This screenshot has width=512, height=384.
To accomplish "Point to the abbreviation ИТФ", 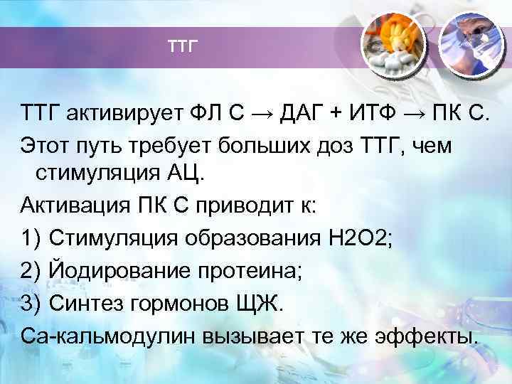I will click(x=372, y=112).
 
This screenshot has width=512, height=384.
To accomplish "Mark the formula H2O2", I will click(x=356, y=238).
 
